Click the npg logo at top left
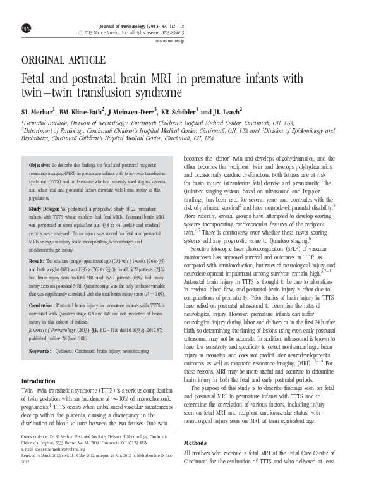[x=25, y=12]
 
